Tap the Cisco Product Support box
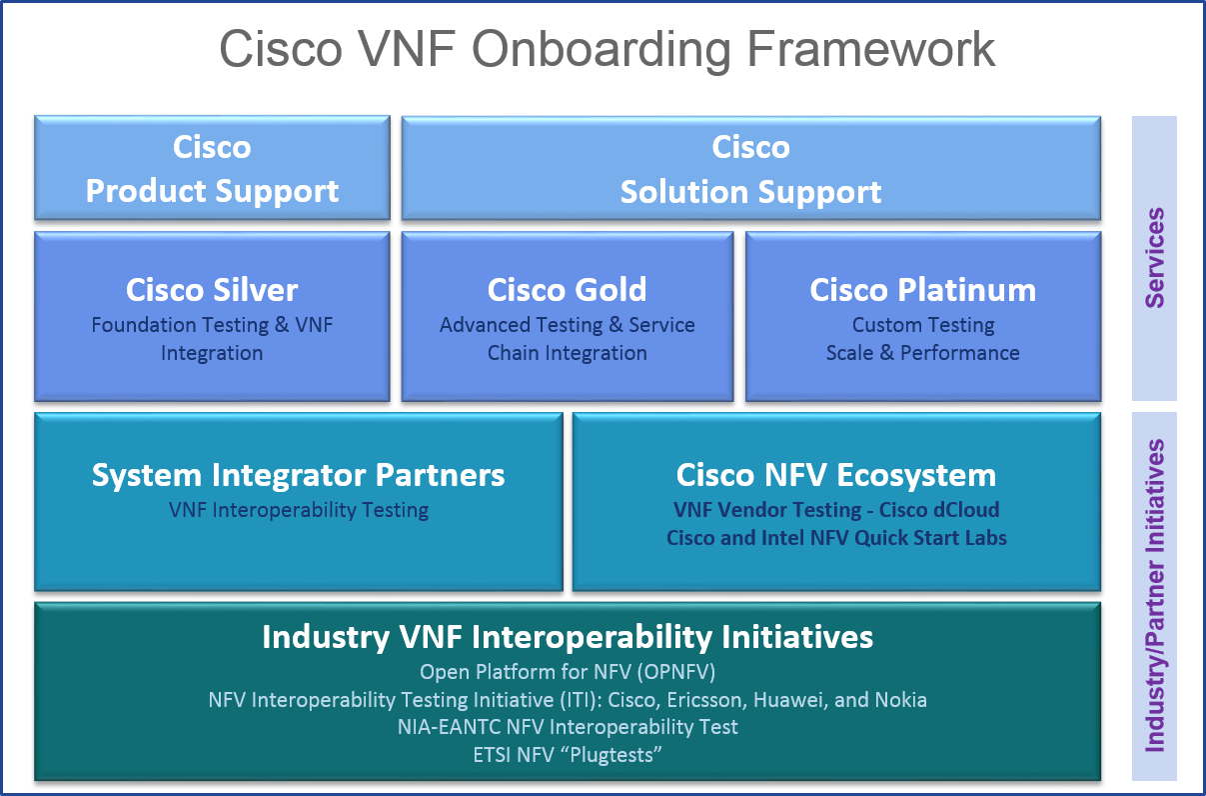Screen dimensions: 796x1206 pyautogui.click(x=212, y=168)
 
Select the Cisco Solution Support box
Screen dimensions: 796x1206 pyautogui.click(x=750, y=168)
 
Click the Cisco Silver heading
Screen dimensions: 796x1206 pyautogui.click(x=212, y=290)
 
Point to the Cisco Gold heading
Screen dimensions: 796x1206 pyautogui.click(x=567, y=290)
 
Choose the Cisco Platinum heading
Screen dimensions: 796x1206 pyautogui.click(x=922, y=290)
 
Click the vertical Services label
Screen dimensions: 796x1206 pyautogui.click(x=1154, y=257)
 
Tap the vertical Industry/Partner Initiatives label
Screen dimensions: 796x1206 pyautogui.click(x=1154, y=595)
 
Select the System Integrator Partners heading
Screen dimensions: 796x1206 pyautogui.click(x=298, y=475)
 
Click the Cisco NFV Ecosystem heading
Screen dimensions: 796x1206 pyautogui.click(x=836, y=475)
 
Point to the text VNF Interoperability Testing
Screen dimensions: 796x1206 pyautogui.click(x=298, y=510)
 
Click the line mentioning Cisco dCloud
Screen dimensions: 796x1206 pyautogui.click(x=836, y=510)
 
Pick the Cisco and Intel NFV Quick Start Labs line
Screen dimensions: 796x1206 pyautogui.click(x=836, y=538)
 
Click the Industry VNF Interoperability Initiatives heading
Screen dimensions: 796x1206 pyautogui.click(x=568, y=637)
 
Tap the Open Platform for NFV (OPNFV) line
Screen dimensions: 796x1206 pyautogui.click(x=568, y=671)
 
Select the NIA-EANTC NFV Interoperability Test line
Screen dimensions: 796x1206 pyautogui.click(x=568, y=727)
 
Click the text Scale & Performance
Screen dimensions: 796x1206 pyautogui.click(x=922, y=353)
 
